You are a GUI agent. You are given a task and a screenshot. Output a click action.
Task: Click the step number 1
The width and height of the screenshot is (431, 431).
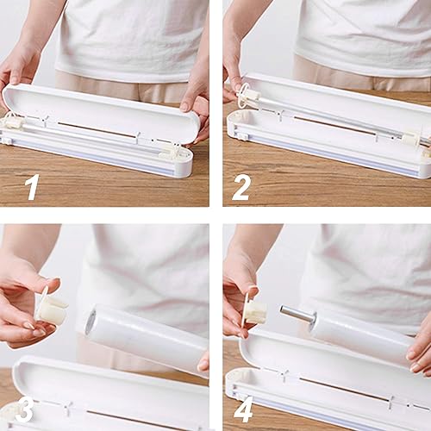[x=32, y=185]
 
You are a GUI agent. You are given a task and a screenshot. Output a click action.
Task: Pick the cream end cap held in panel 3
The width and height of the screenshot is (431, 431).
[x=53, y=309]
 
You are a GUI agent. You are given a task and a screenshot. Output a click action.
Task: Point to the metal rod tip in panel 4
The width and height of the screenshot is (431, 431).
[x=290, y=310]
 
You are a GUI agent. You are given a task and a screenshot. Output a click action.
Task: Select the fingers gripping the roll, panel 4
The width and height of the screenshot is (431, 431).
[x=421, y=349]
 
